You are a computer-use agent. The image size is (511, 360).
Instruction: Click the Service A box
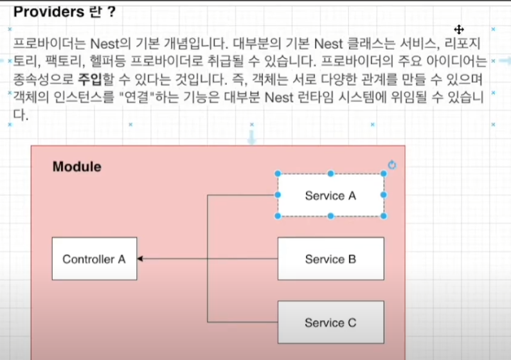tap(330, 195)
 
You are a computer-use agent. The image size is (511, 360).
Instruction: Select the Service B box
tap(330, 259)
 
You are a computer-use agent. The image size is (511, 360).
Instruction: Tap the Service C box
tap(330, 322)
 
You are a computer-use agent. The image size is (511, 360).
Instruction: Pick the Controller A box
tap(94, 259)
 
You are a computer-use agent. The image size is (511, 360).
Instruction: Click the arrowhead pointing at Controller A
tap(140, 259)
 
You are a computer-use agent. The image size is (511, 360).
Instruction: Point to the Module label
tap(76, 167)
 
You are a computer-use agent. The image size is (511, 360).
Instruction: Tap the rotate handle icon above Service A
tap(392, 165)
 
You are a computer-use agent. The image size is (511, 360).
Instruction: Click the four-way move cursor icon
tap(459, 30)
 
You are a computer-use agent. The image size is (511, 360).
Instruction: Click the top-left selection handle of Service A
tap(278, 174)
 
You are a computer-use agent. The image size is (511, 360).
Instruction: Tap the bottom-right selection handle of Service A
tap(384, 216)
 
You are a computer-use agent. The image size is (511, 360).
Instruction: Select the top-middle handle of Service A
tap(330, 174)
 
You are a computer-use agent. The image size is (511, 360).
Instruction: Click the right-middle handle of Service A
tap(384, 195)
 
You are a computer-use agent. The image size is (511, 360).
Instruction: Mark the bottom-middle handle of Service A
tap(330, 216)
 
